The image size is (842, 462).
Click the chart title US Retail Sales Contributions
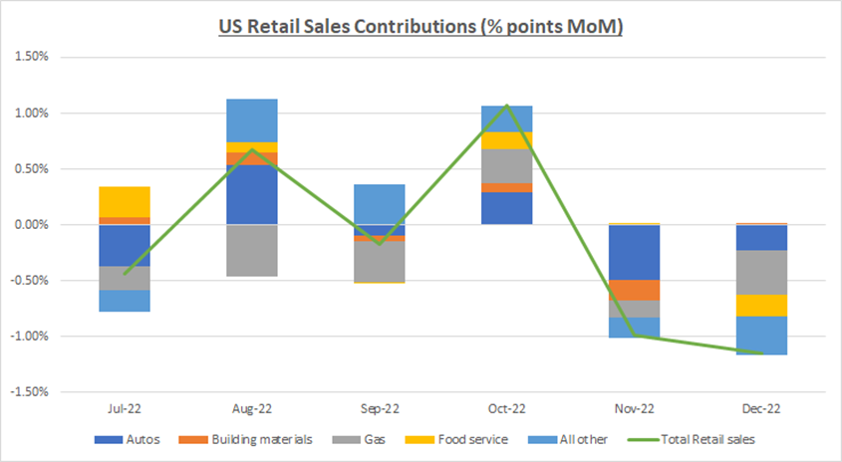pyautogui.click(x=421, y=27)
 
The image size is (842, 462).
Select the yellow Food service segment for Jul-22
pyautogui.click(x=125, y=202)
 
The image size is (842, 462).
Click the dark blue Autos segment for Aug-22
pyautogui.click(x=252, y=195)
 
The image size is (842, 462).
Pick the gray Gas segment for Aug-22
pyautogui.click(x=252, y=250)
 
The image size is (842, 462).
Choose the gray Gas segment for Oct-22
pyautogui.click(x=506, y=165)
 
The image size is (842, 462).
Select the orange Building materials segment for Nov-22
pyautogui.click(x=634, y=290)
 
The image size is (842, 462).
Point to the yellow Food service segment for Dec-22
pyautogui.click(x=761, y=306)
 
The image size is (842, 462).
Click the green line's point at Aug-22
pyautogui.click(x=252, y=150)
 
